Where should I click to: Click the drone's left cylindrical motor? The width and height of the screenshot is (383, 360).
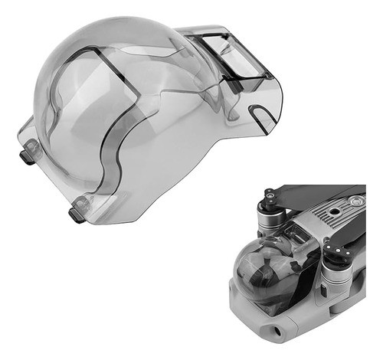[x=270, y=221]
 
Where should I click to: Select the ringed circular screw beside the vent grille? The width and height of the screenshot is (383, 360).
[x=354, y=201]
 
